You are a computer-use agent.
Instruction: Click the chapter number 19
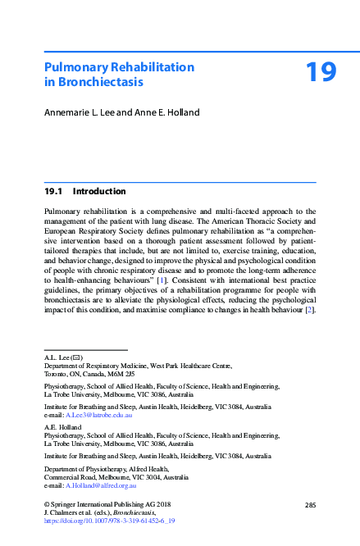coord(321,71)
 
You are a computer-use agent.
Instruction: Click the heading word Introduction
coord(99,192)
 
